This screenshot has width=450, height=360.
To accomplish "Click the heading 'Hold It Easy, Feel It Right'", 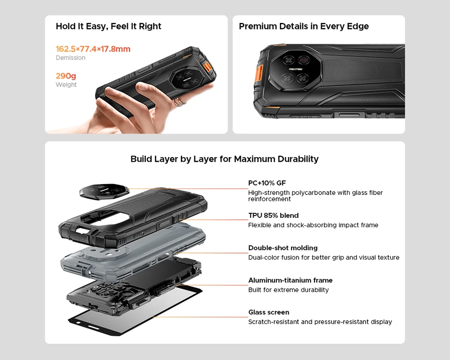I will click(108, 26).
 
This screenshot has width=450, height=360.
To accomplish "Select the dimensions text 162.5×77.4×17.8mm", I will click(93, 49).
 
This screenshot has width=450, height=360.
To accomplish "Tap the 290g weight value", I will click(66, 76).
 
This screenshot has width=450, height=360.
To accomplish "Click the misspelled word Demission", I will click(70, 58).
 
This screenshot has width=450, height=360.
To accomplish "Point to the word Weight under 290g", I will click(66, 85).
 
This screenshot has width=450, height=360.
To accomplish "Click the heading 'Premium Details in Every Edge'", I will click(304, 26).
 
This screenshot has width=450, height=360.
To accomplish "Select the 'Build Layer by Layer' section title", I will click(225, 159).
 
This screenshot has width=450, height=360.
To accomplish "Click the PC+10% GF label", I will click(267, 183).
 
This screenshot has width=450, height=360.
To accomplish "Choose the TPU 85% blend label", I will click(273, 216).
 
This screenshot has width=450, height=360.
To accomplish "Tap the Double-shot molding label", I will click(283, 248).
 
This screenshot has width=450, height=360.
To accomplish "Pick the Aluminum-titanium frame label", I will click(290, 280).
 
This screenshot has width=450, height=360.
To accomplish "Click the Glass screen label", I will click(269, 312).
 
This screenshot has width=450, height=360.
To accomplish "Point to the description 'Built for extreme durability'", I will click(288, 290).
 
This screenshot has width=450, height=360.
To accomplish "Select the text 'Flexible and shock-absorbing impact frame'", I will click(313, 225).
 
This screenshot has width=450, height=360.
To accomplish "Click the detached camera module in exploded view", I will click(104, 190).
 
